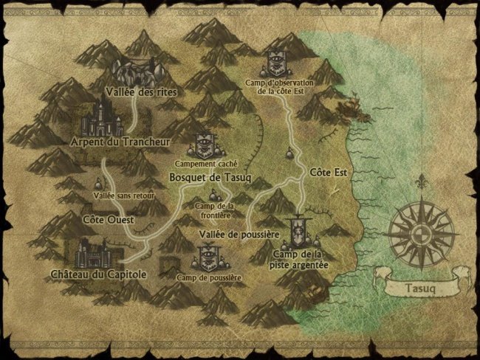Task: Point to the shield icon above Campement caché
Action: (x=204, y=145)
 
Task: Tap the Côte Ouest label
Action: (x=103, y=219)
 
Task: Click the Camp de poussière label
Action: (x=210, y=278)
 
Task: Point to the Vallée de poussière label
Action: (x=239, y=234)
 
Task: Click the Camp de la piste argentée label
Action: (x=300, y=259)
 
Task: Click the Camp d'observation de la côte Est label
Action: (x=280, y=87)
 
